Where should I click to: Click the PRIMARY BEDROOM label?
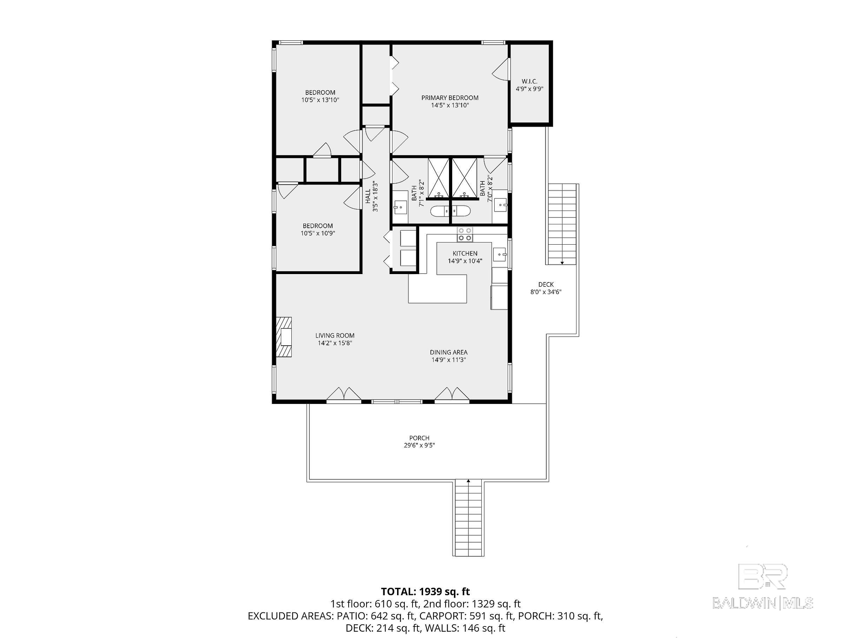point(450,98)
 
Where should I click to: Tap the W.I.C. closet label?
point(529,81)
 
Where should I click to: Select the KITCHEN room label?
point(465,253)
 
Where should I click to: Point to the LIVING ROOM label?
point(335,336)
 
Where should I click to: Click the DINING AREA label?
point(449,352)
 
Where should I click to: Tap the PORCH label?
point(419,438)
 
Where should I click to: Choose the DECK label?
point(546,285)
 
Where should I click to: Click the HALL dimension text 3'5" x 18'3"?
point(375,197)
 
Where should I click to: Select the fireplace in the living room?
point(284,337)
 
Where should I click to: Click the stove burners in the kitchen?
point(465,234)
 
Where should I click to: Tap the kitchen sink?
point(500,254)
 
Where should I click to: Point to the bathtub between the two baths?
point(450,211)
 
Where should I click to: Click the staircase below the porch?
point(468,518)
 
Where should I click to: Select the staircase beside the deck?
point(562,224)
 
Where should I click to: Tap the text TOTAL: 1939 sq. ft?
point(425,591)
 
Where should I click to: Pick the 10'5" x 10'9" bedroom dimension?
point(318,233)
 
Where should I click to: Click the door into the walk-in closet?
point(501,69)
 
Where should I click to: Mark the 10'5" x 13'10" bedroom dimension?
point(320,100)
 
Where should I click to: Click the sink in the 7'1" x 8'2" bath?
point(401,208)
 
